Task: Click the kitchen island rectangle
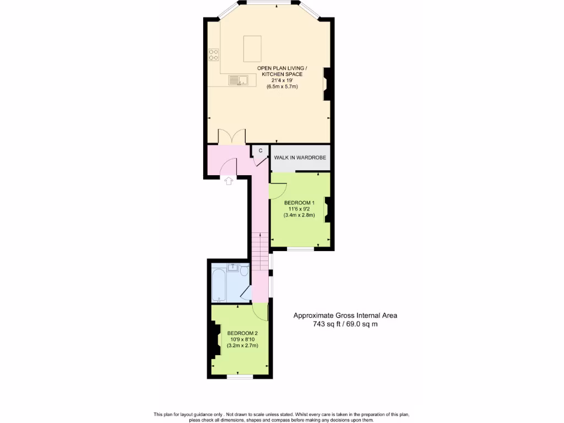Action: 253,48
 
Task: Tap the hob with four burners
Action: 213,55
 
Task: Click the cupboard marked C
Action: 260,150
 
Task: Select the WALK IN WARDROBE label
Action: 300,158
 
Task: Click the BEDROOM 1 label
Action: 299,202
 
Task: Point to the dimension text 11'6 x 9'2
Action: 299,209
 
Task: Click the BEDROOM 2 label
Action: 242,333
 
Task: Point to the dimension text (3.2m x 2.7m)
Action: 242,345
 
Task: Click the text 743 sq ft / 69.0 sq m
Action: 345,324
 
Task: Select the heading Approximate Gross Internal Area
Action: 345,316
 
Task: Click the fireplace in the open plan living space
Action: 327,83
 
